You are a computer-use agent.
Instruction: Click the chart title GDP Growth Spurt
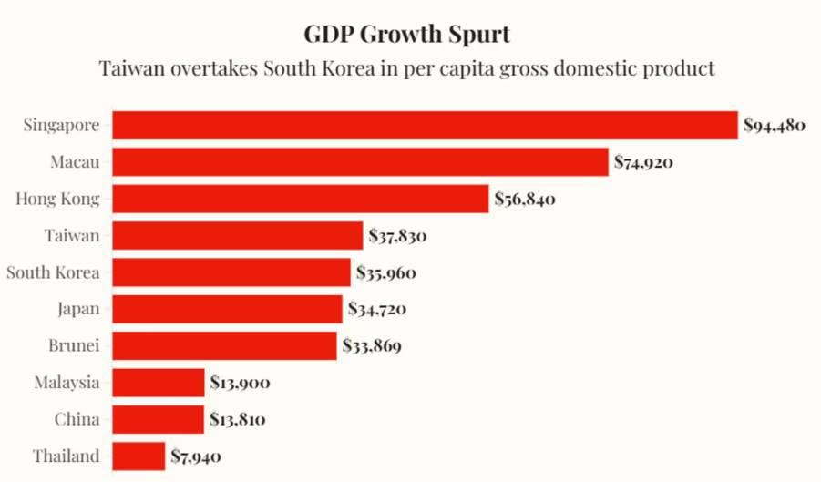point(406,35)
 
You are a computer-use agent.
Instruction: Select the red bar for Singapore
point(425,125)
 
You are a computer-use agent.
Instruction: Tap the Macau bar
point(360,162)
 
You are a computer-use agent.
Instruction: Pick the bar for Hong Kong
point(301,199)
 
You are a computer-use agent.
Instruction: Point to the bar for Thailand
point(139,456)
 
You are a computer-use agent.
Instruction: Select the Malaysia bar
point(159,383)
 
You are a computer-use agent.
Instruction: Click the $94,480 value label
point(774,126)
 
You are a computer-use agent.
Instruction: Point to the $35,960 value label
point(387,272)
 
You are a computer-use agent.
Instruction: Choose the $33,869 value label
point(372,346)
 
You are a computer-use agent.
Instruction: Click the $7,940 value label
point(196,456)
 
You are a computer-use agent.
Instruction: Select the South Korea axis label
point(53,272)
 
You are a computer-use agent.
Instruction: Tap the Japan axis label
point(77,309)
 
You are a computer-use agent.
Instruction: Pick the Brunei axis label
point(74,345)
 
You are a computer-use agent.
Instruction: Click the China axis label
point(78,419)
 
